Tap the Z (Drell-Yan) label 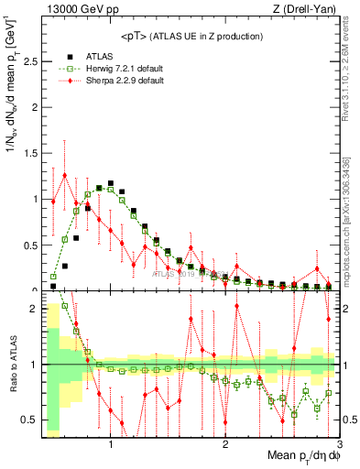(x=305, y=9)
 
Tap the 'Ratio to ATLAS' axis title (x=12, y=380)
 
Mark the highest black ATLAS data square (x=111, y=184)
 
